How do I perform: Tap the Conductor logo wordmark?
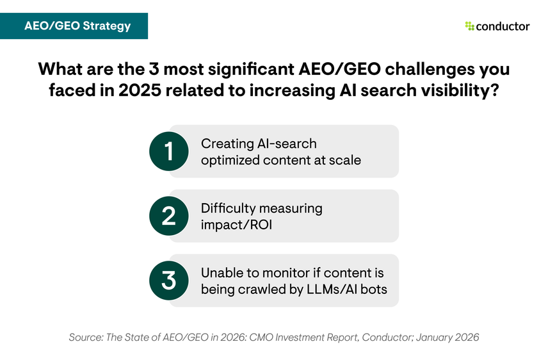tap(503, 26)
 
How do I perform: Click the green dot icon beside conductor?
tap(469, 26)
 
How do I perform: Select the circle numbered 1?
tap(168, 151)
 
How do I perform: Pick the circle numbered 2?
tap(168, 216)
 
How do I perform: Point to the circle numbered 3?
tap(168, 281)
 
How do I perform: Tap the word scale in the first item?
tap(345, 160)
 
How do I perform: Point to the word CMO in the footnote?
tap(265, 337)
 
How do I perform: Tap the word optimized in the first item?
tap(230, 160)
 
